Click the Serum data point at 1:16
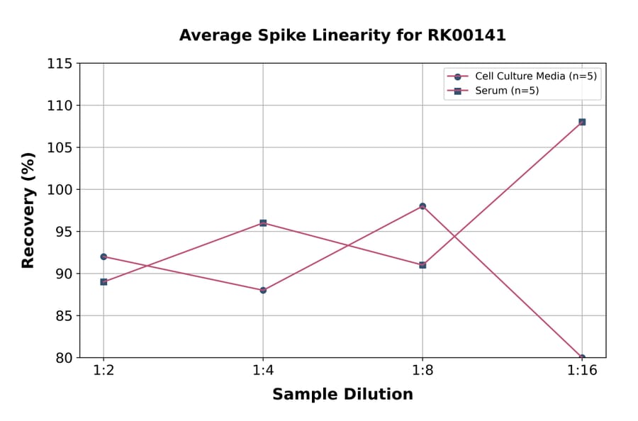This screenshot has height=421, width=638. point(582,122)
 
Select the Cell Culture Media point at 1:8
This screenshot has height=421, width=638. point(422,206)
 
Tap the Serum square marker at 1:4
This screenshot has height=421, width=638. point(263,223)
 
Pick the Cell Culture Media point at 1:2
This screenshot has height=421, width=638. point(103,257)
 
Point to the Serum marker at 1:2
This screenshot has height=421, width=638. point(103,281)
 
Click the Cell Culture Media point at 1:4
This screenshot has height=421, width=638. point(263,290)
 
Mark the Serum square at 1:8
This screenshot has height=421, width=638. point(422,265)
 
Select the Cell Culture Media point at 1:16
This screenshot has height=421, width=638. point(582,357)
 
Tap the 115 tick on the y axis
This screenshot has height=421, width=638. point(60,64)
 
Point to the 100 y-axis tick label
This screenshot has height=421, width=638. point(60,190)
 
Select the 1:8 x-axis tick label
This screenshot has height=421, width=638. point(422,371)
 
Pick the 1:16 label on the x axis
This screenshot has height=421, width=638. point(582,371)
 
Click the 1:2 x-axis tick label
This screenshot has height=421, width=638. point(103,371)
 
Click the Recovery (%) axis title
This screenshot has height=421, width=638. point(28,211)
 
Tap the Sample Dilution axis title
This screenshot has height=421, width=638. point(342,395)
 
